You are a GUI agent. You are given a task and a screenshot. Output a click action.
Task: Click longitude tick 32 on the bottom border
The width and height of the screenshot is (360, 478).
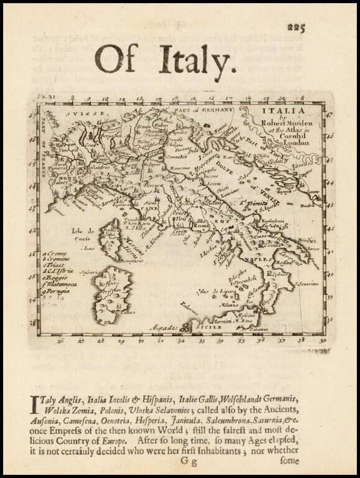pyautogui.click(x=181, y=341)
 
